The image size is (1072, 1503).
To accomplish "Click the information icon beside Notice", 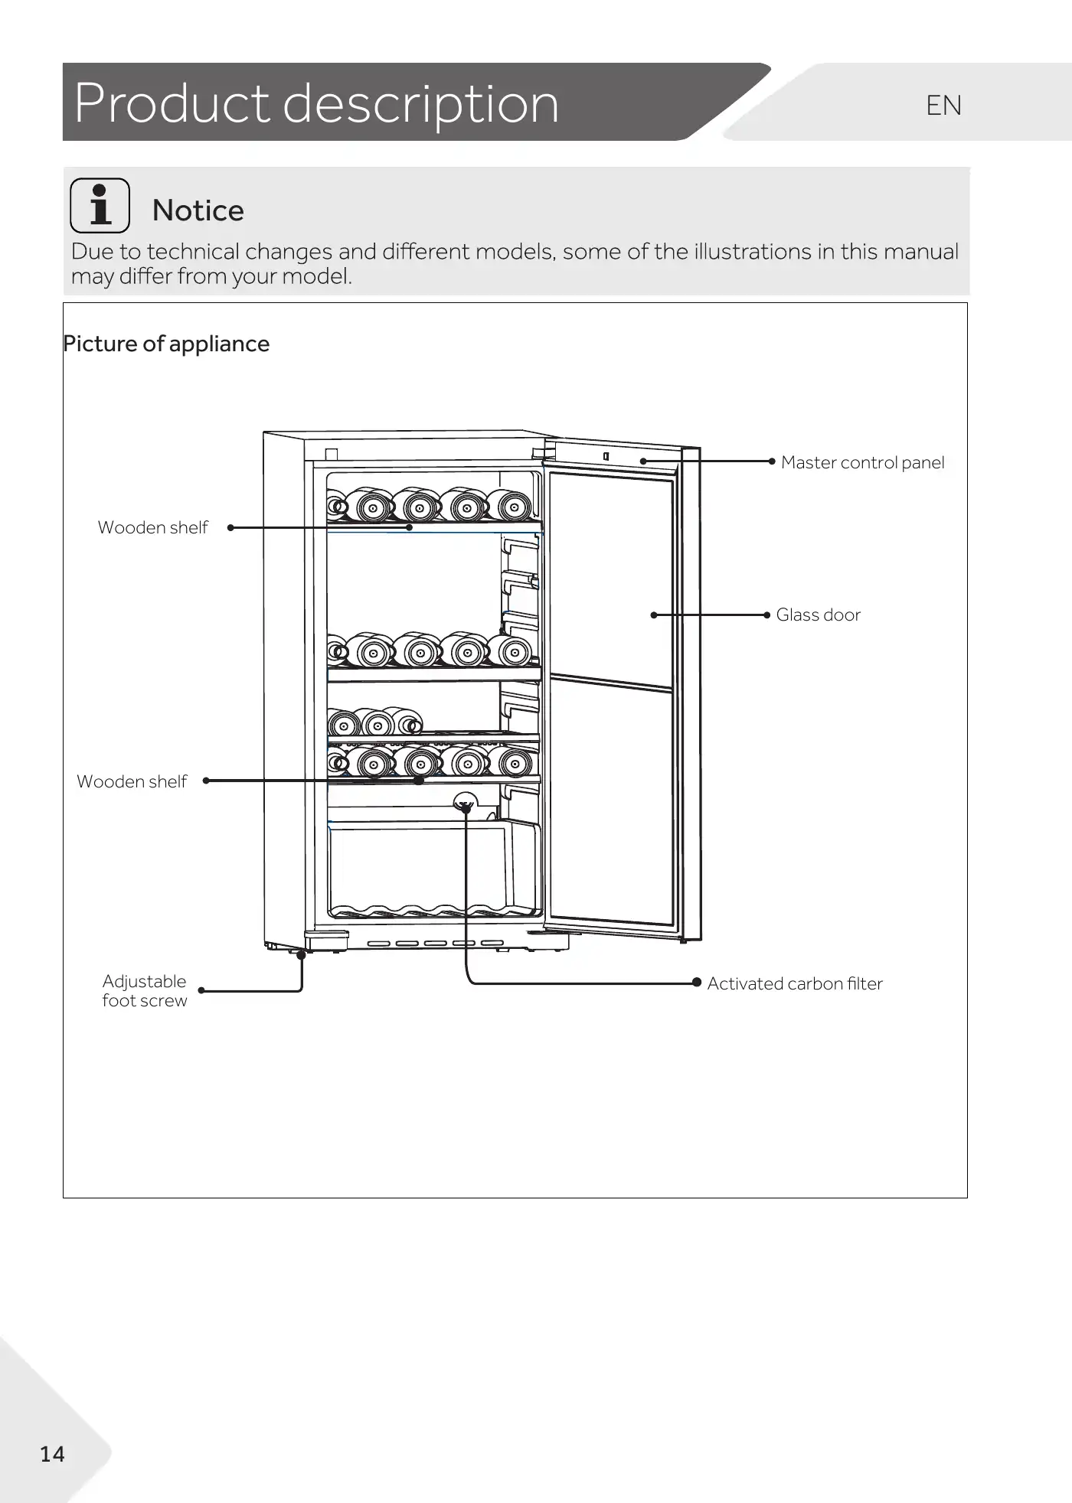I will coord(100,205).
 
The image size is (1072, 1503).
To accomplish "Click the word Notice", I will coord(198,210).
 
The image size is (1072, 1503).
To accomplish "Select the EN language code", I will coord(943,106).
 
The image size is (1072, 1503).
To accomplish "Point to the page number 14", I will coord(52,1454).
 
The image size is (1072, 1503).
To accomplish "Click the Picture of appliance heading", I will coord(166,344).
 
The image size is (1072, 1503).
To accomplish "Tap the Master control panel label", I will coord(862,462).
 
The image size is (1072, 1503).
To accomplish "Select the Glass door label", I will coord(818,615).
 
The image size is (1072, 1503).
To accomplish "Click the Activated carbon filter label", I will coord(794,983).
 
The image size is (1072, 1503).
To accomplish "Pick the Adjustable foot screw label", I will coord(144,991).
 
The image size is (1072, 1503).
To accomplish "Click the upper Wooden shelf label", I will coord(152,527).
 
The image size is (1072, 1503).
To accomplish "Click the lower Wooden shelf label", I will coord(132,781).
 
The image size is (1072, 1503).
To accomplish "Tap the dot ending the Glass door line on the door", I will coord(653,615).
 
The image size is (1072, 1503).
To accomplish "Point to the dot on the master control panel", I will coord(643,461).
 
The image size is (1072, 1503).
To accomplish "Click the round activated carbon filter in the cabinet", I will coord(465,804).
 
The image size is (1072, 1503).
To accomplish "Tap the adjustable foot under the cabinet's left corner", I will coord(300,954).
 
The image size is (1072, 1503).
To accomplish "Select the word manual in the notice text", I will coord(920,252).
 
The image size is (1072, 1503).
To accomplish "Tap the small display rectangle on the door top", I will coord(606,456).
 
